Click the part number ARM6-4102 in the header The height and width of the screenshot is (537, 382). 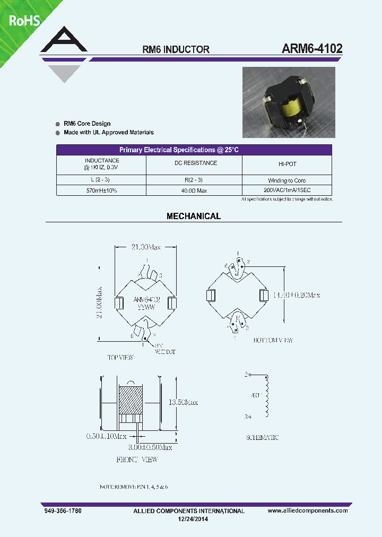[x=312, y=48]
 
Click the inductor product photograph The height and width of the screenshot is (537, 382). [x=289, y=102]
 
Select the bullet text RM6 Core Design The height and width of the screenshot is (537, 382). [x=87, y=124]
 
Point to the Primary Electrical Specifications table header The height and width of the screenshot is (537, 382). [x=194, y=150]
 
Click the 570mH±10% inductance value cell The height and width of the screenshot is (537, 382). [x=101, y=190]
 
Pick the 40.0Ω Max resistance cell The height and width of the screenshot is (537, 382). [x=194, y=190]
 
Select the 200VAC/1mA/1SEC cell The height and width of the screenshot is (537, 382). [x=286, y=190]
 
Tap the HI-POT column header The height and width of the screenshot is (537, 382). [x=287, y=164]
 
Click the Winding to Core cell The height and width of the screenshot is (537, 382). [x=287, y=180]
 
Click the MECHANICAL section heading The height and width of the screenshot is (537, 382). [x=194, y=216]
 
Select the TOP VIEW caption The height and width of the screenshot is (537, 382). [x=120, y=358]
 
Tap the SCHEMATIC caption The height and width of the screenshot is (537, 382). [x=262, y=438]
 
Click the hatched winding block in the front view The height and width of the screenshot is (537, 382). [x=131, y=400]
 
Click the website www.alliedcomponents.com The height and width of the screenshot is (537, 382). [x=308, y=510]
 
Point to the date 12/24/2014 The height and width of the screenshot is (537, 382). [x=191, y=519]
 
